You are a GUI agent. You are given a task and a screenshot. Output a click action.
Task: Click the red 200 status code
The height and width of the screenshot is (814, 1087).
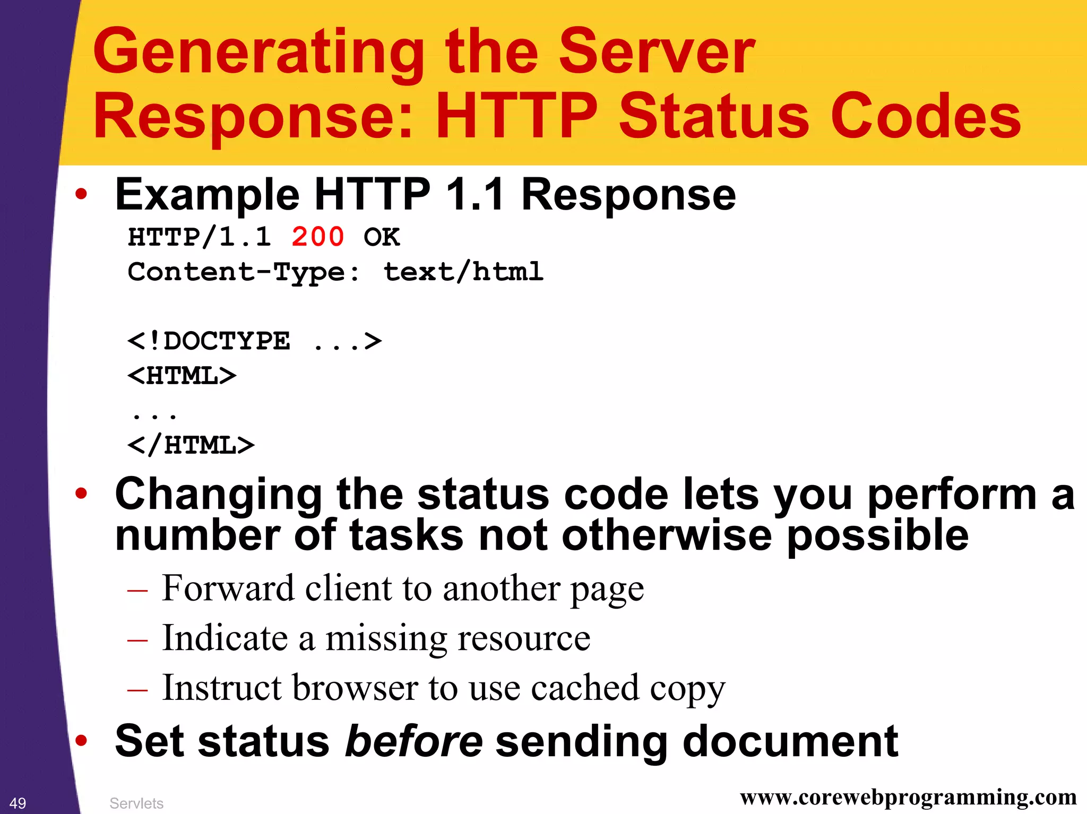tap(317, 237)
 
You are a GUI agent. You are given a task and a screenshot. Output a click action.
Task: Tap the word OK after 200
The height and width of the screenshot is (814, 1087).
tap(381, 237)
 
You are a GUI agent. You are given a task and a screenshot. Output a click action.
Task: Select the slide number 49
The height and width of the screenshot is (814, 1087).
tap(18, 803)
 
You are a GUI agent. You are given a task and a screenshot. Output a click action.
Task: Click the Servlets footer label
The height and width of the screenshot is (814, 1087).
tap(136, 803)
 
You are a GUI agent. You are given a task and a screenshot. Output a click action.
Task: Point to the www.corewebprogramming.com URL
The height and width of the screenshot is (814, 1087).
tap(908, 797)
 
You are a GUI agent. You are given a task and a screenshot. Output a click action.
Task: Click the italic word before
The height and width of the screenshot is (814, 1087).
tap(413, 741)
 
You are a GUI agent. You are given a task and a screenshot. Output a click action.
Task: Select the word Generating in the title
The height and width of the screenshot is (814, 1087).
tap(258, 52)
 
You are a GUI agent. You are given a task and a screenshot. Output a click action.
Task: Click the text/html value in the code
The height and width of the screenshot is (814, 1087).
tap(463, 272)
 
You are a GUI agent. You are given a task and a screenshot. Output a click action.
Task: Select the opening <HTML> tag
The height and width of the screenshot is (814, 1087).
tap(182, 376)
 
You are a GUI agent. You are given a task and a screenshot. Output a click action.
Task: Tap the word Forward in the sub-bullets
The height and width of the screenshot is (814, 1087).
tap(228, 588)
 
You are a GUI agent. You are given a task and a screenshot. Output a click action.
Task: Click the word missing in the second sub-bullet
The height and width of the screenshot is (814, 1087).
tap(386, 638)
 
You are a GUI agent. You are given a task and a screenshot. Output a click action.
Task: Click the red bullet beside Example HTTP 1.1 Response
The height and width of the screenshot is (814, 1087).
tap(81, 194)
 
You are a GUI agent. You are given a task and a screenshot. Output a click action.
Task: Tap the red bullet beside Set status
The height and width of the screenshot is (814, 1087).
tap(81, 741)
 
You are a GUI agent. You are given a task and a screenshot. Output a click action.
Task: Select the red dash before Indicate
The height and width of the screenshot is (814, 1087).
tap(137, 640)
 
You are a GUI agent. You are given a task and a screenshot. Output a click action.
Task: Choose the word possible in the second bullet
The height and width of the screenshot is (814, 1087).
tap(877, 536)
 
